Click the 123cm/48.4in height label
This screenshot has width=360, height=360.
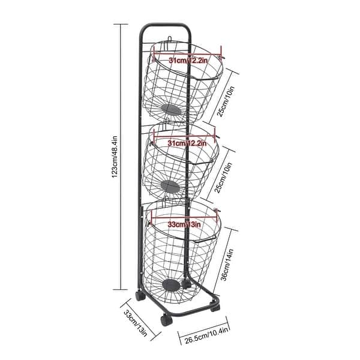click(x=115, y=157)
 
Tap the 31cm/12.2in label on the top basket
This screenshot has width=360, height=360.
click(x=188, y=61)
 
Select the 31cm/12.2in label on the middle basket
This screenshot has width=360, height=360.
click(x=187, y=143)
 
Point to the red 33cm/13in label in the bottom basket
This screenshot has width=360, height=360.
click(x=184, y=224)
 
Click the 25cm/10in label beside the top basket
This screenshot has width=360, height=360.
click(x=226, y=101)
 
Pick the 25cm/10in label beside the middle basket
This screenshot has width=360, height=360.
click(x=223, y=178)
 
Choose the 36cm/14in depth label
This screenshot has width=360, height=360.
click(x=227, y=265)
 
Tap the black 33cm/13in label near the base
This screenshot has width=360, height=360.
click(x=136, y=323)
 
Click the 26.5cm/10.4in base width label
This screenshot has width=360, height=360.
click(x=206, y=335)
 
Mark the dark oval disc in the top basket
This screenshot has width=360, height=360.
click(x=171, y=110)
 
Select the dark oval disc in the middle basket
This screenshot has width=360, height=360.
click(x=170, y=187)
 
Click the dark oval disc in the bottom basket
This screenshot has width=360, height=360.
click(x=171, y=285)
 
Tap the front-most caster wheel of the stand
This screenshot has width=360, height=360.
click(x=166, y=320)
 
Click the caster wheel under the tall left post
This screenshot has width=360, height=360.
click(x=140, y=296)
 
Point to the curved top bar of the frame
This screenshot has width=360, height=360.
click(x=166, y=25)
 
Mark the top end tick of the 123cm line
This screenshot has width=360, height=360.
click(x=121, y=24)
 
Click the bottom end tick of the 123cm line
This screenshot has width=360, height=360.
click(x=121, y=290)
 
